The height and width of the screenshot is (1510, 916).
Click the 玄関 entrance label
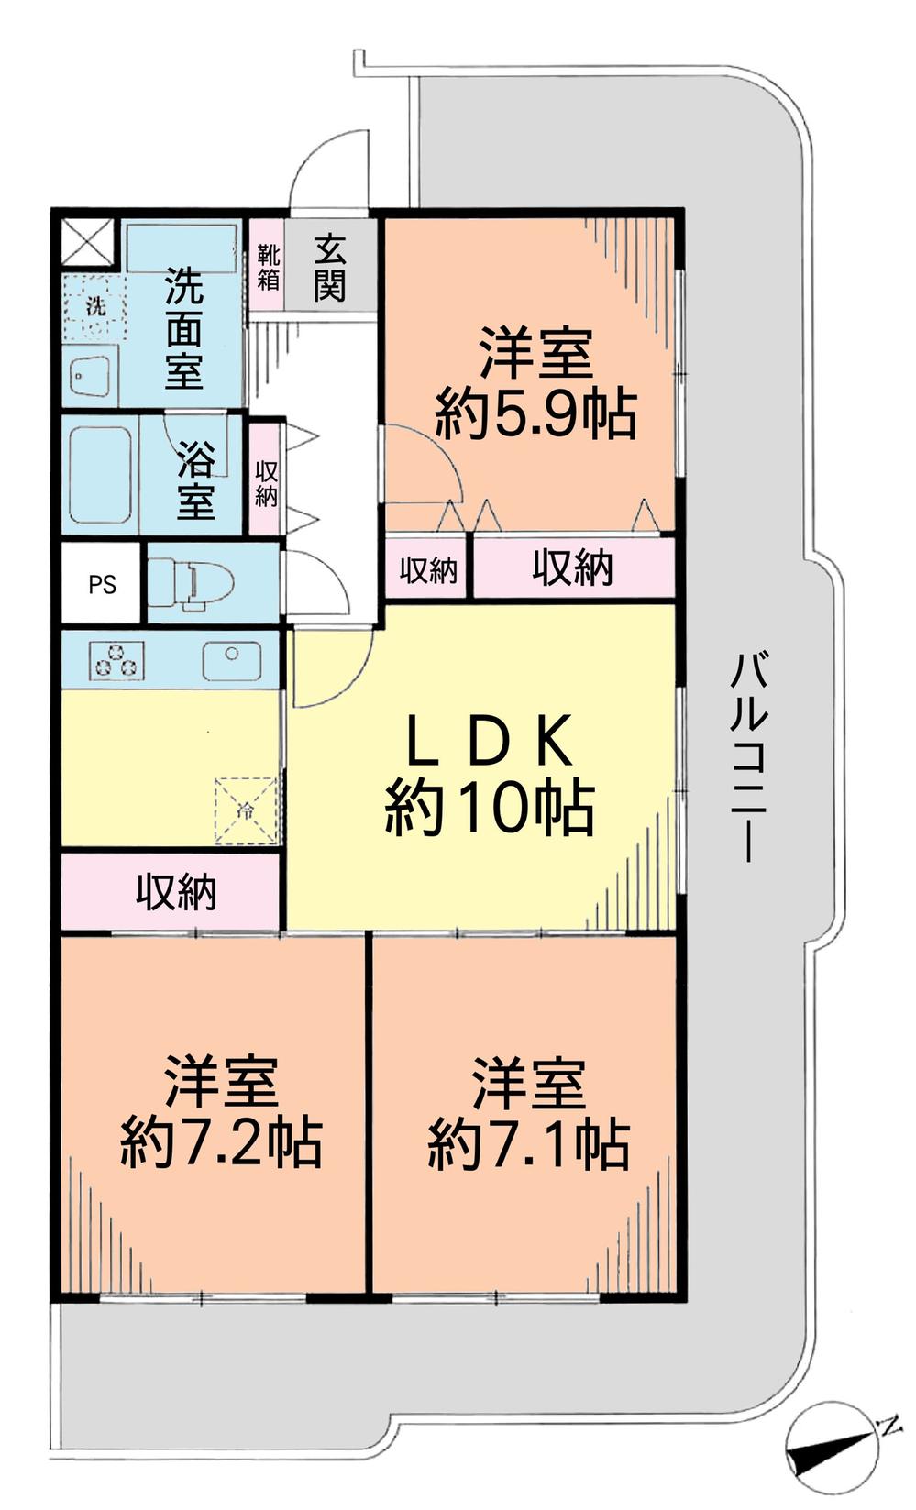(329, 267)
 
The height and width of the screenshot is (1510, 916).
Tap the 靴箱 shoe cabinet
(268, 266)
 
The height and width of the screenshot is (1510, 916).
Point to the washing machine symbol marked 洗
(94, 306)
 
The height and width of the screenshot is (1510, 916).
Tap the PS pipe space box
(102, 584)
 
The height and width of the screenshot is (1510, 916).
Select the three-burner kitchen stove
(116, 660)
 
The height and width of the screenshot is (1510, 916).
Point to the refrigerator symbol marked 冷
(245, 810)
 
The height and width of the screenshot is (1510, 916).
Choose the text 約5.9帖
(535, 416)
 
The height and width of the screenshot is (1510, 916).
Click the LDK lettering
(490, 740)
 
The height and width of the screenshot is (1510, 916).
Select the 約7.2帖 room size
(221, 1141)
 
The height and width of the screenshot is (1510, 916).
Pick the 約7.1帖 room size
(529, 1141)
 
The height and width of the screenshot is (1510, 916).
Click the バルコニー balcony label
(748, 756)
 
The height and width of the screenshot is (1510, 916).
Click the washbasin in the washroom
(92, 376)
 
